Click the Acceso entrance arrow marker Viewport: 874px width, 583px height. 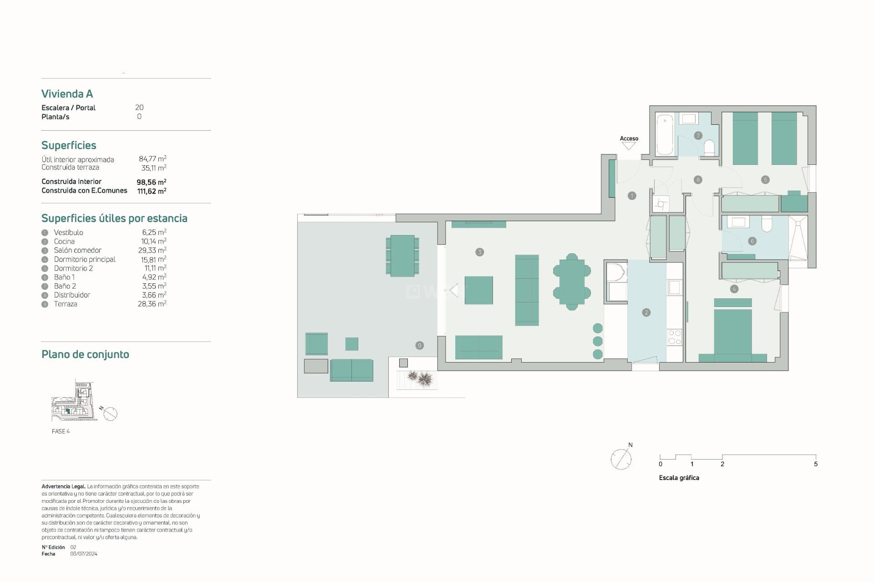pyautogui.click(x=629, y=146)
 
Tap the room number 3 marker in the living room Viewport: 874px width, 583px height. pyautogui.click(x=479, y=252)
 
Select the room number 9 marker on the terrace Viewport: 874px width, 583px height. pyautogui.click(x=419, y=345)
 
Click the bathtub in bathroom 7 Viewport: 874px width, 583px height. pyautogui.click(x=665, y=134)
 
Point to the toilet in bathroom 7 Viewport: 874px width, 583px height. pyautogui.click(x=709, y=147)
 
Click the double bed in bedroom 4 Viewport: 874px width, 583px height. pyautogui.click(x=732, y=335)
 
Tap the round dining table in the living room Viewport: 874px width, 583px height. pyautogui.click(x=572, y=282)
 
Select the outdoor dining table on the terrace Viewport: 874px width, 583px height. pyautogui.click(x=402, y=256)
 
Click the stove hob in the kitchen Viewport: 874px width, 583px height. pyautogui.click(x=674, y=338)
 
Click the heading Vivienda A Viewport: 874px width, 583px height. pyautogui.click(x=67, y=94)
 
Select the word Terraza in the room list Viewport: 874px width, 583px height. pyautogui.click(x=66, y=304)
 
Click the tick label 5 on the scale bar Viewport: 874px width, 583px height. pyautogui.click(x=815, y=464)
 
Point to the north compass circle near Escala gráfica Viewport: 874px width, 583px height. pyautogui.click(x=621, y=459)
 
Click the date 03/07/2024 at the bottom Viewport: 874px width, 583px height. pyautogui.click(x=84, y=554)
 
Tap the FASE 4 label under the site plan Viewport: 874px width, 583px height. pyautogui.click(x=61, y=431)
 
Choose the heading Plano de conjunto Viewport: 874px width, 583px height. pyautogui.click(x=85, y=354)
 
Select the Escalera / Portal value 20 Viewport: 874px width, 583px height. pyautogui.click(x=139, y=107)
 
